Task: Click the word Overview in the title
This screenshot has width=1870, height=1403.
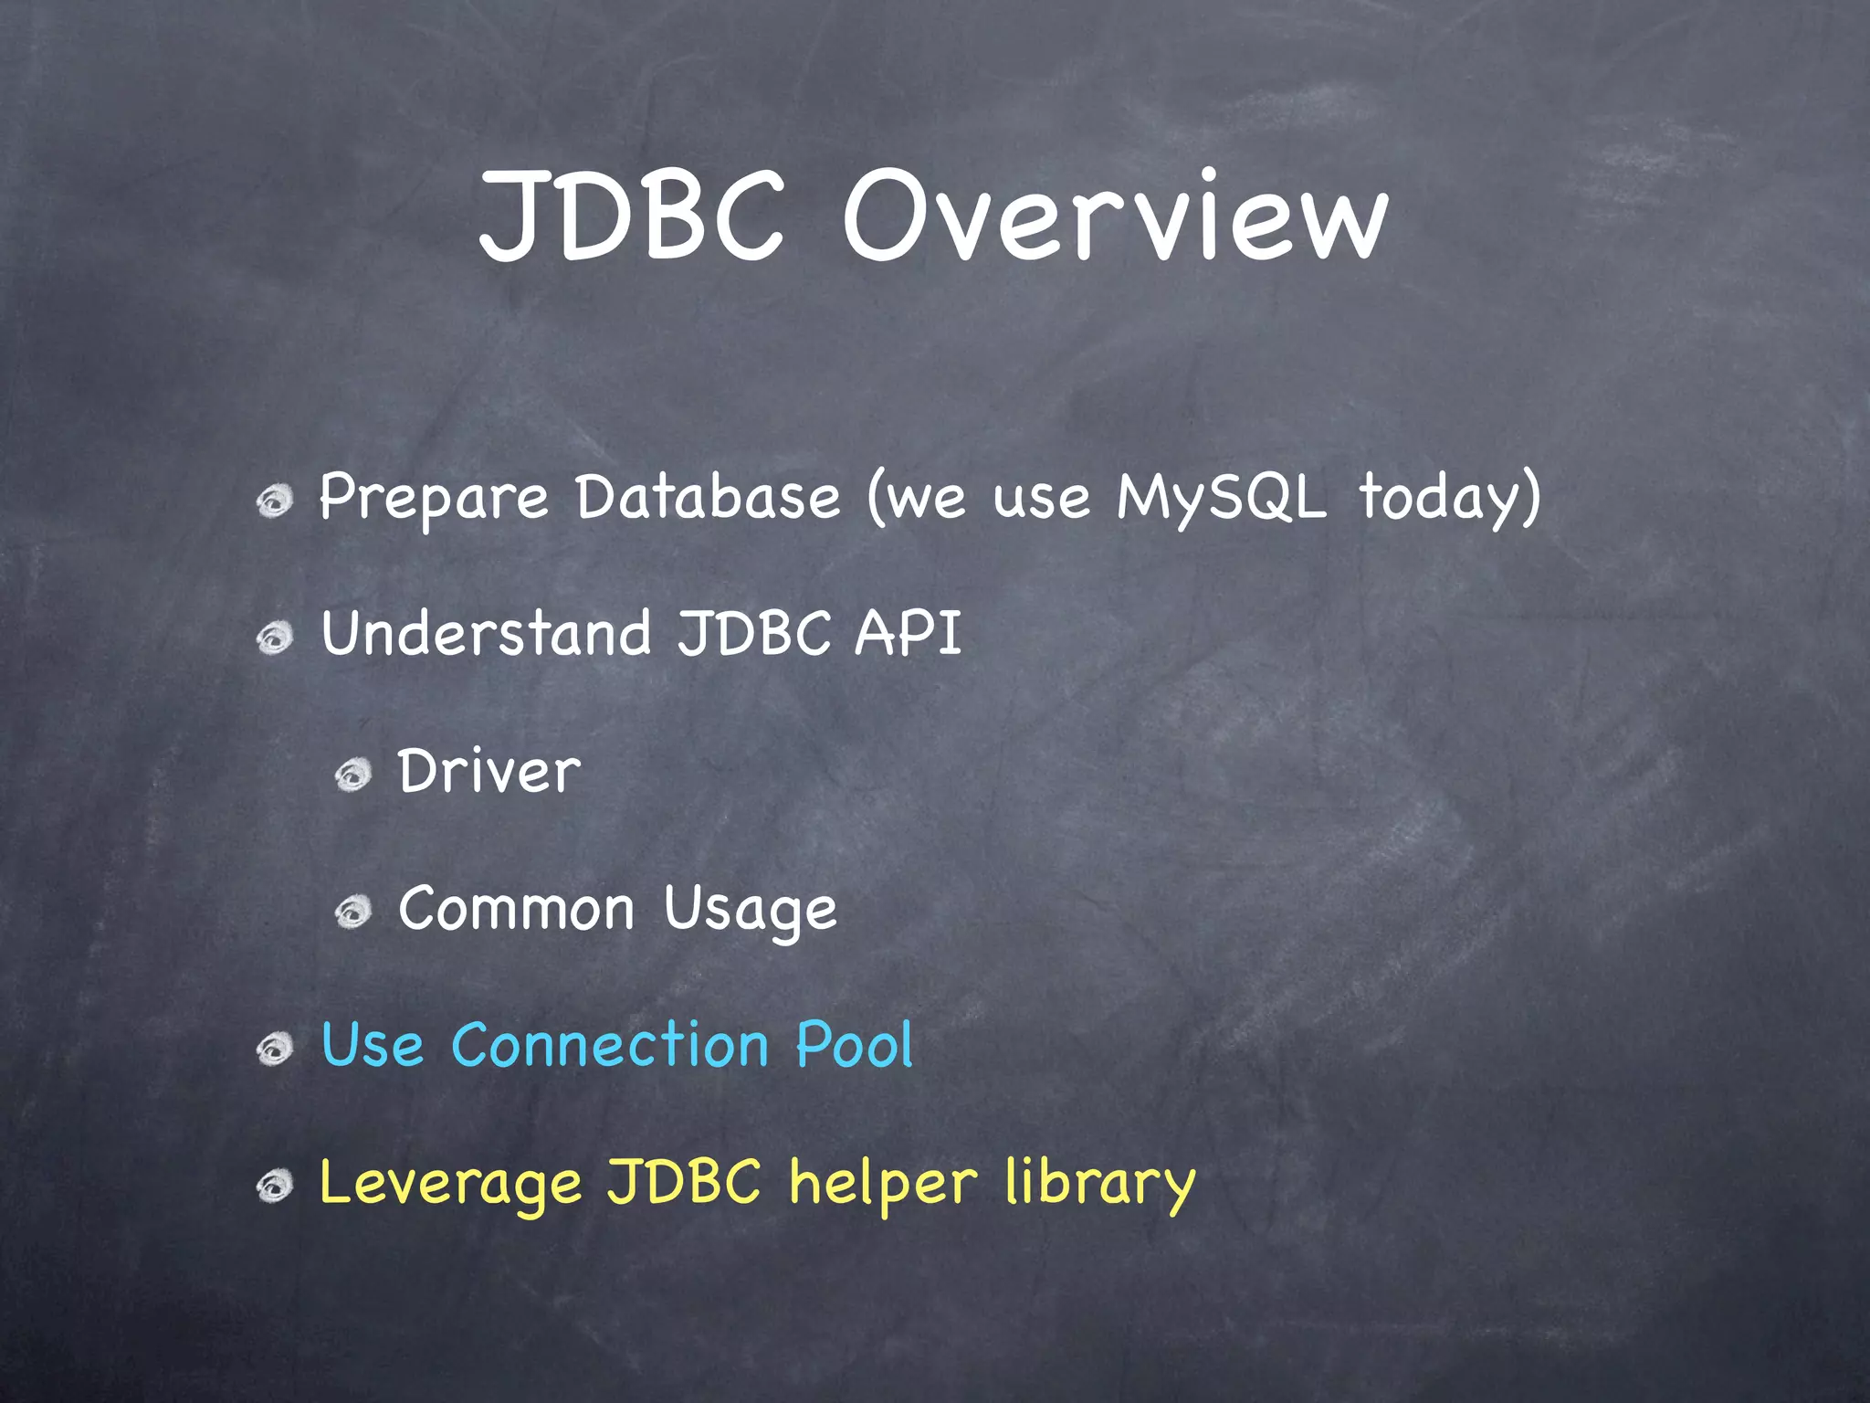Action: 1115,217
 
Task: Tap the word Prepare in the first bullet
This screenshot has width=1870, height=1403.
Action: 433,498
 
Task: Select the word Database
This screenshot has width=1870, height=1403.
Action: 708,498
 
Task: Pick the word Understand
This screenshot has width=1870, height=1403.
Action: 486,633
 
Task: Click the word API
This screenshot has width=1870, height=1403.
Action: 908,633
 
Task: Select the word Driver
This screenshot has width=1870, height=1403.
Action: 489,772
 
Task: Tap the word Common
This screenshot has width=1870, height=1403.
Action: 516,910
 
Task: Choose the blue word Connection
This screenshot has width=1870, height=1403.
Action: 610,1045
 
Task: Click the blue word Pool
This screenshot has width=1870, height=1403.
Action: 854,1045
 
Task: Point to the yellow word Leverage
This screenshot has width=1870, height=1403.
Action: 450,1183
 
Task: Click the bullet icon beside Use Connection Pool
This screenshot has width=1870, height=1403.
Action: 274,1049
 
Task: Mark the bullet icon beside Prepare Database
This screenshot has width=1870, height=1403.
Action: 274,501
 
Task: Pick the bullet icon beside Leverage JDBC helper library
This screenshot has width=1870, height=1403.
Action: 274,1187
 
